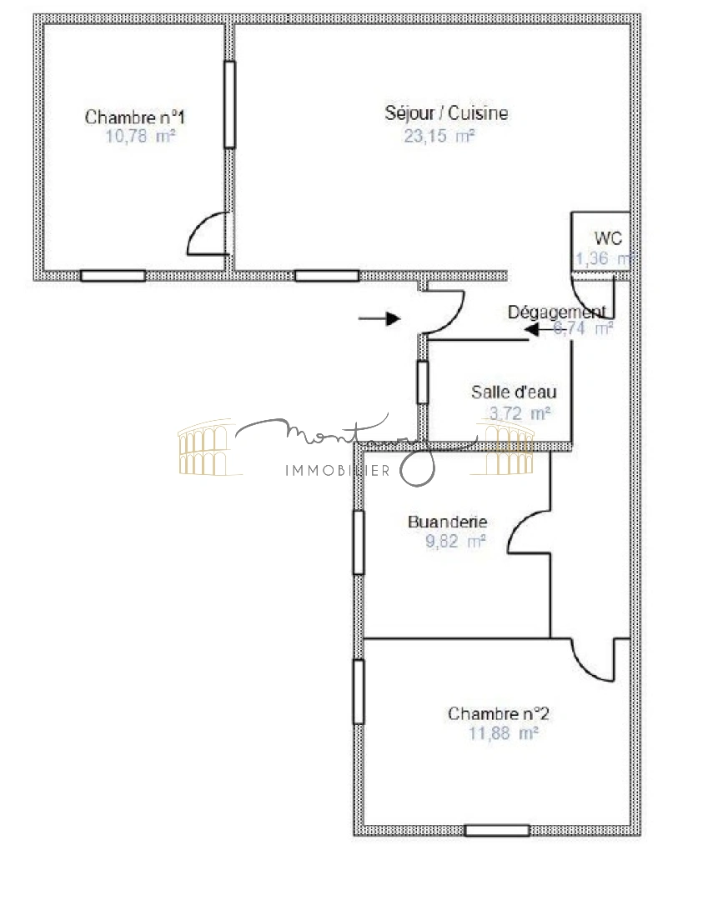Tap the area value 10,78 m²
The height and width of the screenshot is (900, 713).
(x=140, y=137)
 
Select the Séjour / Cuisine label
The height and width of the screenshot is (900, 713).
(x=446, y=113)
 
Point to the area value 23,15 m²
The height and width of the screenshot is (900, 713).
(x=439, y=136)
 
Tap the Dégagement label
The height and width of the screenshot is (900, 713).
(x=557, y=312)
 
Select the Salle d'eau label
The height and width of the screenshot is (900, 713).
(x=514, y=392)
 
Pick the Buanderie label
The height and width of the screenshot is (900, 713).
(x=447, y=522)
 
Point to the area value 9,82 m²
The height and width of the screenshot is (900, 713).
(x=455, y=542)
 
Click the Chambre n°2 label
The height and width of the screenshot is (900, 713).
(x=498, y=714)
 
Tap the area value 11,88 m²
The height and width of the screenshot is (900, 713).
(x=504, y=733)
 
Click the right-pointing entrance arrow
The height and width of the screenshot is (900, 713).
(x=379, y=317)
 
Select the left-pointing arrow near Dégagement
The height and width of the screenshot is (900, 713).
(x=538, y=332)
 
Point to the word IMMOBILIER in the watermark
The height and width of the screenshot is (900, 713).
(x=338, y=472)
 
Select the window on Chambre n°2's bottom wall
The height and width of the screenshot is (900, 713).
(x=497, y=830)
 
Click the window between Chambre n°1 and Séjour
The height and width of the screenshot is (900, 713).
(x=229, y=105)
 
